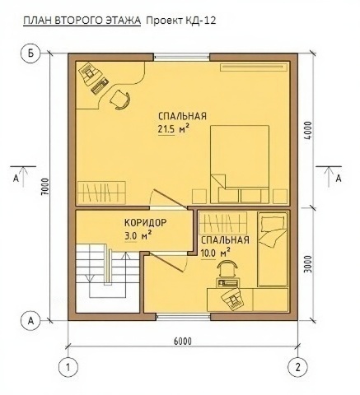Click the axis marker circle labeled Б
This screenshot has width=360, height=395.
coord(30,53)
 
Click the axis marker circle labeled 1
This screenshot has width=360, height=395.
coord(68,367)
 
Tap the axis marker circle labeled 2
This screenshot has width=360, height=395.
coord(297,367)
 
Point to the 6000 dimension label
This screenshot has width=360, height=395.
coord(183,342)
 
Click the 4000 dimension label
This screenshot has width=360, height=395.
coord(308,130)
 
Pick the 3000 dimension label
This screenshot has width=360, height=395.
coord(308,264)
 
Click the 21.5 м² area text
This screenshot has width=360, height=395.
coord(174,129)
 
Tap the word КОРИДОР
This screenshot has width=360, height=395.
coord(146,222)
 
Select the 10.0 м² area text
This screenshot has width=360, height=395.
coord(216,253)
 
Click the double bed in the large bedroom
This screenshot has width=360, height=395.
coord(240,165)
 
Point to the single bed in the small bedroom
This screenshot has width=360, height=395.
coord(273,249)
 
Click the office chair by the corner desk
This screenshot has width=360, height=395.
coord(120,100)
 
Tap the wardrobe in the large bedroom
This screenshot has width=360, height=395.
coord(101,193)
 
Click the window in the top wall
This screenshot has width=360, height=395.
coord(181,58)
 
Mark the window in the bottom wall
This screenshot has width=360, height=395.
coord(184,317)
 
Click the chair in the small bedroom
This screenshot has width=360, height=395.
coord(227,269)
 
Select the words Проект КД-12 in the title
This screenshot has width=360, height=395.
coord(180,21)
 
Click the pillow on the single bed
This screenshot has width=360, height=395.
coord(273,222)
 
